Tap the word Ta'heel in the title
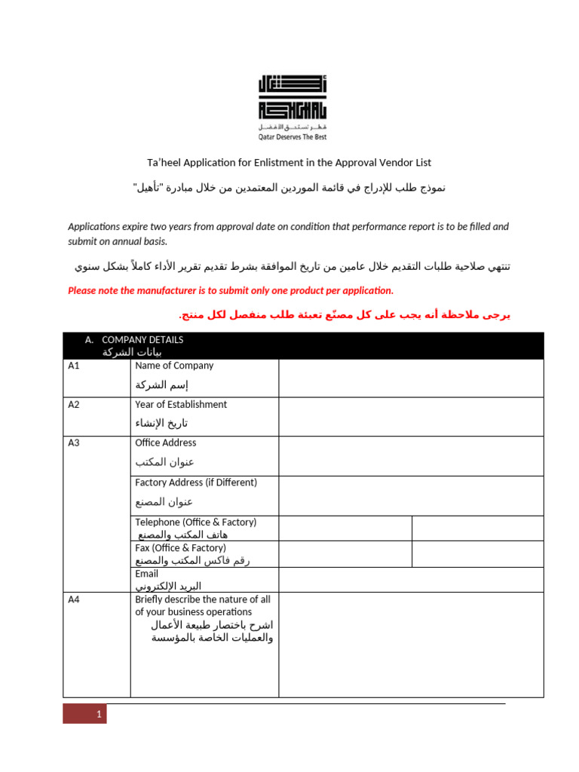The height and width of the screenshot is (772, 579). tap(162, 163)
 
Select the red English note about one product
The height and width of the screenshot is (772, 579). tap(231, 290)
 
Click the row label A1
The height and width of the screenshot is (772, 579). tap(74, 366)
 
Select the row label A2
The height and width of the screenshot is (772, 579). tap(74, 405)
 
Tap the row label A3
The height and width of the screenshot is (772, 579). tap(74, 443)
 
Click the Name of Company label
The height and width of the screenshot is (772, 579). tap(174, 366)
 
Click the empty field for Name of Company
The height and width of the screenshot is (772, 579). tap(411, 378)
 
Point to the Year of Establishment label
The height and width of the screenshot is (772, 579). tap(181, 405)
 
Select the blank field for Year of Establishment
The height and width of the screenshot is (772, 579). tap(411, 417)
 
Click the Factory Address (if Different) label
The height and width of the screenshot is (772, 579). tap(196, 482)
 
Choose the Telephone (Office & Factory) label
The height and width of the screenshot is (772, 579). tap(196, 522)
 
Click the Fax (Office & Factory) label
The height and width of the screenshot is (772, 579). tap(180, 548)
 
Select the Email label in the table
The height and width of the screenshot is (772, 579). tap(146, 574)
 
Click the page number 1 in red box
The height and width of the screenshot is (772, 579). tap(98, 715)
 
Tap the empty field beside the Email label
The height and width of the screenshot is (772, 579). tap(411, 580)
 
